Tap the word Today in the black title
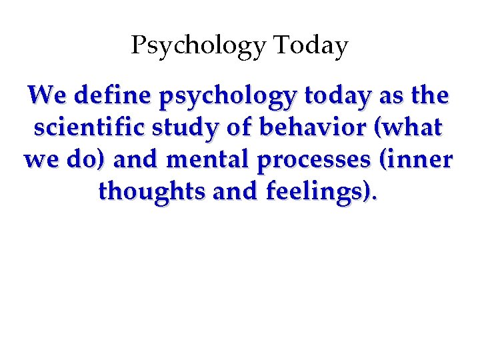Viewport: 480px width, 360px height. [311, 45]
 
